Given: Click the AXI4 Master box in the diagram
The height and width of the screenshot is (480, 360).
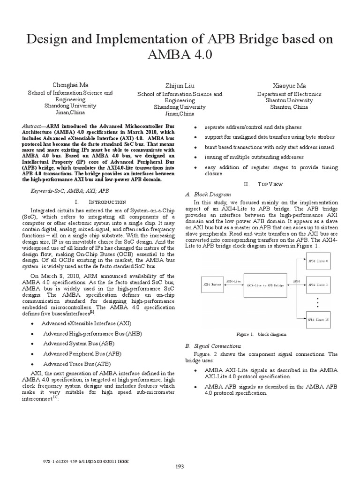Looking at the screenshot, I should tap(211, 285).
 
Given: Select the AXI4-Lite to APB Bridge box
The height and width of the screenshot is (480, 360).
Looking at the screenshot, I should tap(265, 285).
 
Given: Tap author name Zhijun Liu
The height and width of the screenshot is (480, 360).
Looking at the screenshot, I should tap(180, 85).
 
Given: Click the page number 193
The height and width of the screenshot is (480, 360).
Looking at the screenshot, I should tap(180, 466).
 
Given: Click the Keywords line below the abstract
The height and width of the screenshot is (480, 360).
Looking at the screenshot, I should tap(70, 191).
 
